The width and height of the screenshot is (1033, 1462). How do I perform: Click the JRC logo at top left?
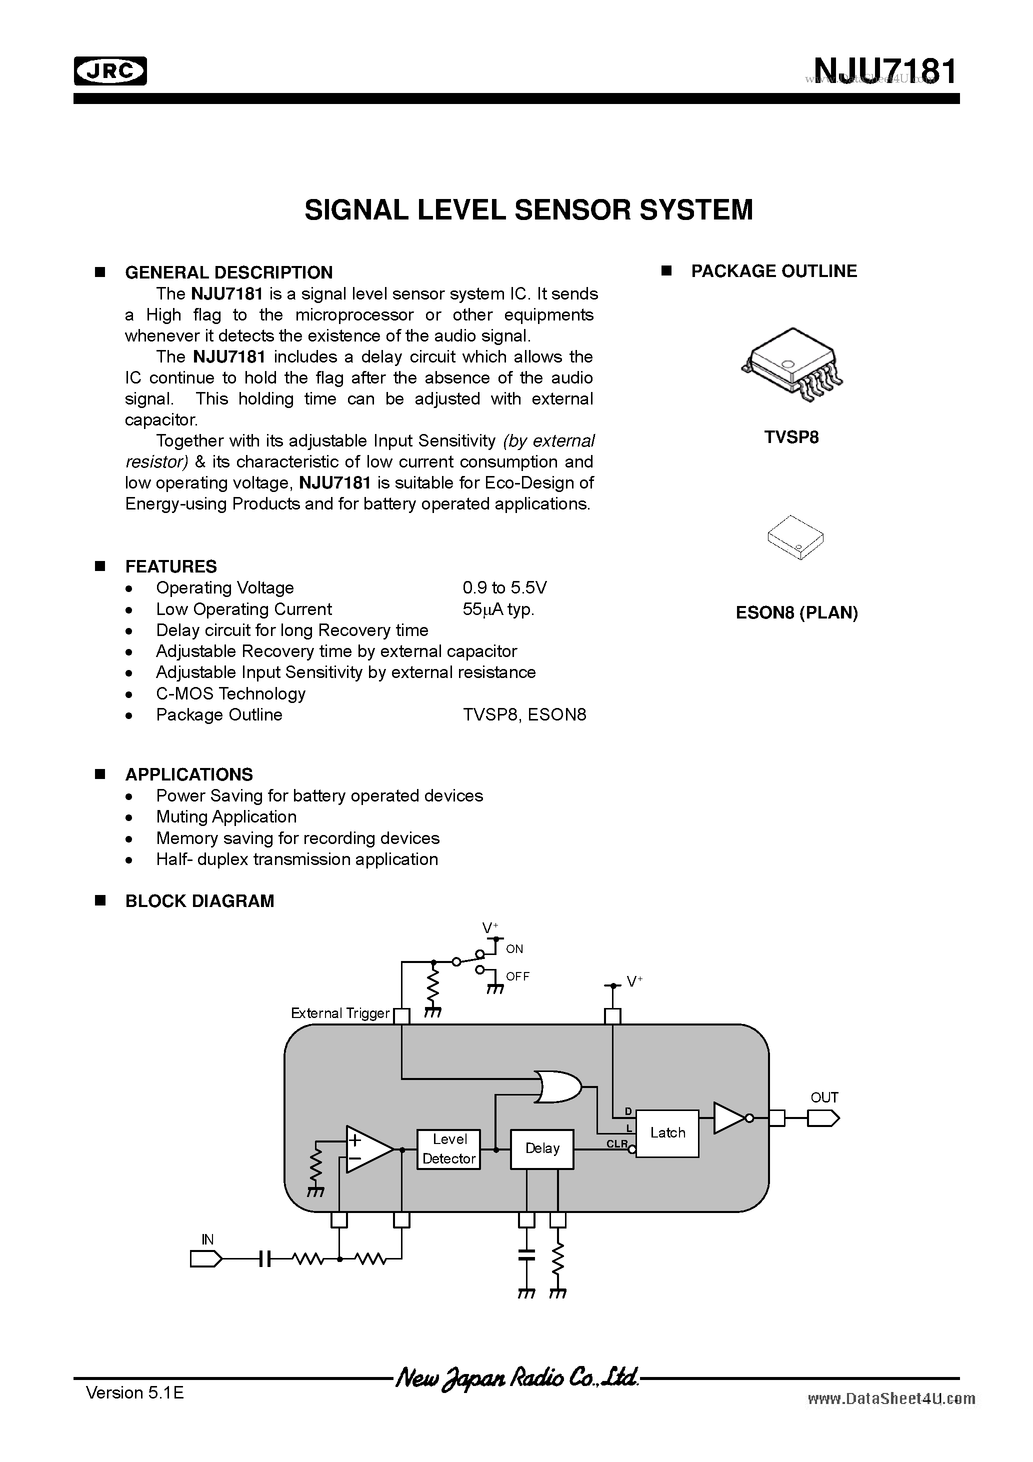tap(110, 71)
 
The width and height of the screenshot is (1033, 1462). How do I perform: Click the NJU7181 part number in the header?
tap(884, 71)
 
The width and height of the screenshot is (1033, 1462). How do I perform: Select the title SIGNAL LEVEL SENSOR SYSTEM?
tap(528, 210)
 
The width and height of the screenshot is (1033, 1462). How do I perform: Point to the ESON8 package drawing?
tap(795, 537)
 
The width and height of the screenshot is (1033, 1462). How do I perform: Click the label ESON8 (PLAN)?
tap(796, 612)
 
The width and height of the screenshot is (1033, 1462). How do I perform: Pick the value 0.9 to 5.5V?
tap(504, 587)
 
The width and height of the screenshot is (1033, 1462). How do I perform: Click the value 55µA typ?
tap(498, 609)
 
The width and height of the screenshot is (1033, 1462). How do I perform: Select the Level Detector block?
tap(449, 1148)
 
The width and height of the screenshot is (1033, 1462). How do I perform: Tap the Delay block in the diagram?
tap(542, 1148)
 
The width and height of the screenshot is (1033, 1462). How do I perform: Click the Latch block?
tap(667, 1133)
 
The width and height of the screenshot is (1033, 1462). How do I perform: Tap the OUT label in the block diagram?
tap(824, 1097)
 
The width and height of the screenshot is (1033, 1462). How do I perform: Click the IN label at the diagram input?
tap(207, 1239)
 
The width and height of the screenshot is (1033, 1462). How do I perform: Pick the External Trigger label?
tap(339, 1013)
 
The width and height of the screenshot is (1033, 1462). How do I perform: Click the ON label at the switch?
tap(514, 949)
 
